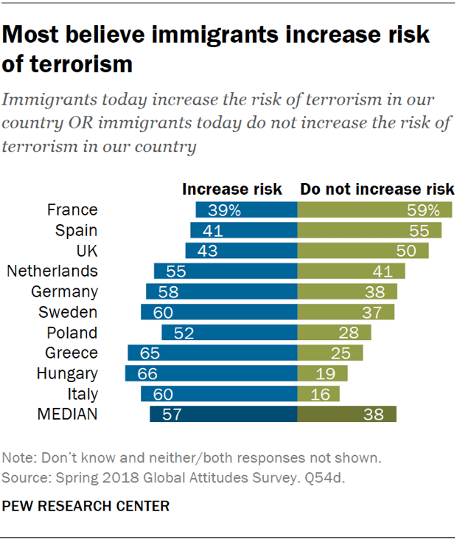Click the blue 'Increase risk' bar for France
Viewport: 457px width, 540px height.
(x=246, y=210)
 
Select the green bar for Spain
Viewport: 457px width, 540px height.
(x=369, y=230)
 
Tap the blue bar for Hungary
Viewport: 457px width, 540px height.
(x=211, y=373)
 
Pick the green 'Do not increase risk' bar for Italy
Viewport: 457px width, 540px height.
(x=318, y=394)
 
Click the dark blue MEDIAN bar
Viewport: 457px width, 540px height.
(x=223, y=415)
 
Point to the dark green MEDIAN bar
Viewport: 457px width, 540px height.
(x=346, y=415)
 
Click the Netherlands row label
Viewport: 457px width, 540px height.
(x=52, y=271)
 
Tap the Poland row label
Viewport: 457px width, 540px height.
(x=71, y=332)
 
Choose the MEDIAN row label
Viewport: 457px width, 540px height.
(x=67, y=415)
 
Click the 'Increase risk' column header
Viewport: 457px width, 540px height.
(x=232, y=190)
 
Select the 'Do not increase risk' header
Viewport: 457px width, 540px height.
(x=377, y=190)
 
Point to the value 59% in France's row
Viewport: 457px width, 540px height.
(x=423, y=210)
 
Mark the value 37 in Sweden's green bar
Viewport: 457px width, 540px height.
(x=375, y=312)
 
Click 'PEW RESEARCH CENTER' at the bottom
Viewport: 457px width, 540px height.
(x=86, y=506)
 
